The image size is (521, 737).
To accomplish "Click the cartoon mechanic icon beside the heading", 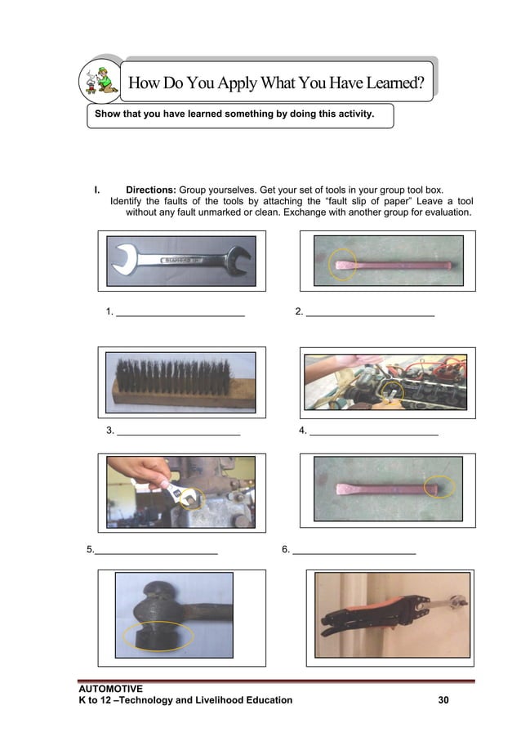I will coord(99,83).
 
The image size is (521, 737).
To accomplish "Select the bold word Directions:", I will coord(151,190).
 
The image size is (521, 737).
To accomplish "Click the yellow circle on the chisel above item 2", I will coord(344,266).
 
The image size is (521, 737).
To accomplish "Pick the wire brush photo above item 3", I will coord(182,382).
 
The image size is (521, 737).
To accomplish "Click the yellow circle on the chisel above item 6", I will coord(439,488).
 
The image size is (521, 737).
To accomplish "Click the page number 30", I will coord(443,700).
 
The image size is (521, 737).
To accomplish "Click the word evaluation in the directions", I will coord(445,212).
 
